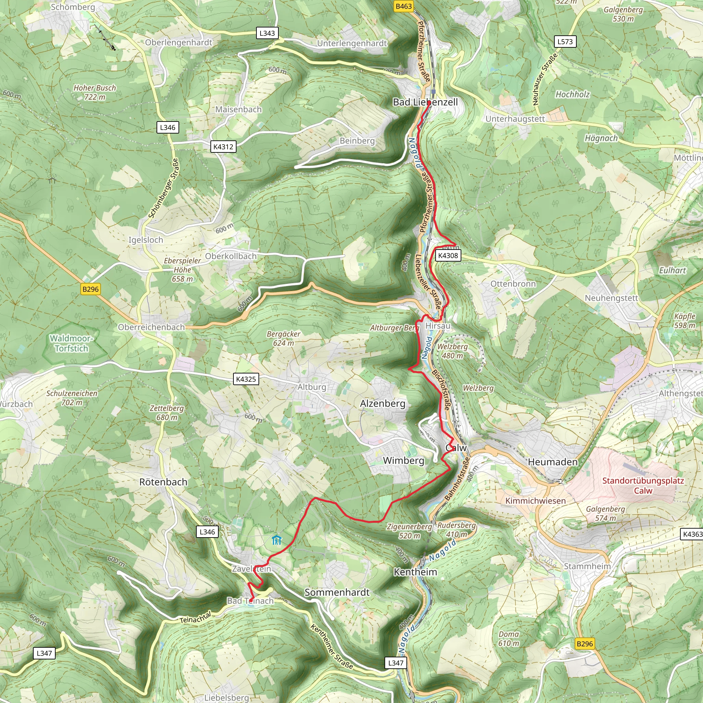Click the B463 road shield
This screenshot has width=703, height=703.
pos(404,6)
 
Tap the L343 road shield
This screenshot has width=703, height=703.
pos(267,33)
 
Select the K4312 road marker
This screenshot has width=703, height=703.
pos(223,147)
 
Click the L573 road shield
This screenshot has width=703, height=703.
pos(565,42)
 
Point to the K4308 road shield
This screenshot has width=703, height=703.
pos(448,255)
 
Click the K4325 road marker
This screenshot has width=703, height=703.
pos(246,379)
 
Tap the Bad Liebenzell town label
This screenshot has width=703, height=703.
pos(425,102)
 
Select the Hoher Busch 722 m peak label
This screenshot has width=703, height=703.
pos(95,92)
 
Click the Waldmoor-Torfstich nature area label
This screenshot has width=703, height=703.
pos(72,343)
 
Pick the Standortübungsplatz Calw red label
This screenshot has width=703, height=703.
pos(643,485)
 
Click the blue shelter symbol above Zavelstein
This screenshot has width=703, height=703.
pos(277,540)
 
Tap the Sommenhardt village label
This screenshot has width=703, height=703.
pos(337,592)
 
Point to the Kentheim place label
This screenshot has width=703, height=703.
pos(415,572)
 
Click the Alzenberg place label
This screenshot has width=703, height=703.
pos(382,404)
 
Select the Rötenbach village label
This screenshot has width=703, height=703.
pos(163,482)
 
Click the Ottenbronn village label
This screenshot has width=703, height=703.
pos(513,284)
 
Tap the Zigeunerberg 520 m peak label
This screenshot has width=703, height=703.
pos(410,531)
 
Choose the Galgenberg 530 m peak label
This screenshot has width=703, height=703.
pos(623,14)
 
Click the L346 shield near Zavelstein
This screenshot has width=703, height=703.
pos(207,532)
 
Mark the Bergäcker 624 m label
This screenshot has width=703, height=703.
pos(284,338)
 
